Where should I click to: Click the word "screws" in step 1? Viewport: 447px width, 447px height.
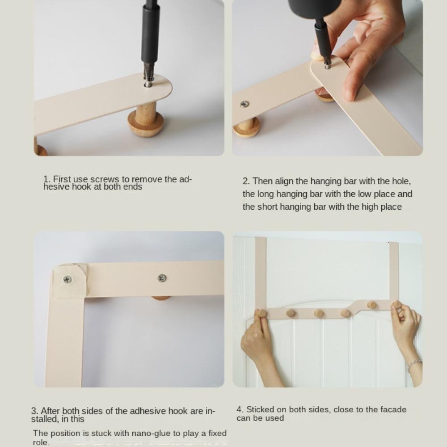click(104, 180)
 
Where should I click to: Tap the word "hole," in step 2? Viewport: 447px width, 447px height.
click(401, 181)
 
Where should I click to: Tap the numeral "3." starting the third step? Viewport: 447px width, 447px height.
click(35, 411)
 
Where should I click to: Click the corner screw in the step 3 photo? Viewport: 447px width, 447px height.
click(67, 279)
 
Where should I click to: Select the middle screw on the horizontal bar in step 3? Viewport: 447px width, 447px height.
click(162, 278)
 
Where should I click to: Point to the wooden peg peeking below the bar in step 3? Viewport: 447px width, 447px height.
click(161, 298)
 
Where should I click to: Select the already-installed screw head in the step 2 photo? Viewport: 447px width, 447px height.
click(245, 104)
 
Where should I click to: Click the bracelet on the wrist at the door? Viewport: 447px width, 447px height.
click(414, 366)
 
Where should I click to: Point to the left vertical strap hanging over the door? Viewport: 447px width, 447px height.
click(261, 273)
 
